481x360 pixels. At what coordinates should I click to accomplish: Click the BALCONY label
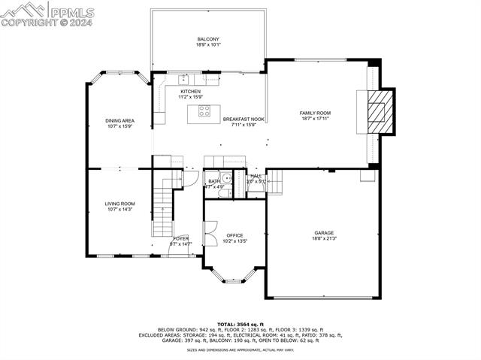pos(207,39)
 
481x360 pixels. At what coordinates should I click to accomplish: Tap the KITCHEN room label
pos(189,92)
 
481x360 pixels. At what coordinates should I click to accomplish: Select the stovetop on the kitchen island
pos(204,113)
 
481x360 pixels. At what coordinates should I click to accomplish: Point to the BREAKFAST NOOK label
pos(244,119)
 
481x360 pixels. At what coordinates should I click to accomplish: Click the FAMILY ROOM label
pos(315,113)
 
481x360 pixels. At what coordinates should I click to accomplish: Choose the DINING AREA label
pos(119,120)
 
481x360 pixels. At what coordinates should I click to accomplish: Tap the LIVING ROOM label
pos(119,204)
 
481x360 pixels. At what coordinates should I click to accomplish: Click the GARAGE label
pos(324,233)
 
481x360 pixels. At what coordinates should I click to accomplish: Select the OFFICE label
pos(235,235)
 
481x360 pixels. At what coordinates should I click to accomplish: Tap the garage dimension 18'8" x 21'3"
pos(324,239)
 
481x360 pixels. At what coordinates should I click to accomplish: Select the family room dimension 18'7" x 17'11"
pos(315,119)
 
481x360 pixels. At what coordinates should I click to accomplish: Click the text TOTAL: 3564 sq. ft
pos(240,324)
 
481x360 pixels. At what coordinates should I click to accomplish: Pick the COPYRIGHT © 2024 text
pos(45,23)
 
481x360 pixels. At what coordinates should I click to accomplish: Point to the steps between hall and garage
pos(276,182)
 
